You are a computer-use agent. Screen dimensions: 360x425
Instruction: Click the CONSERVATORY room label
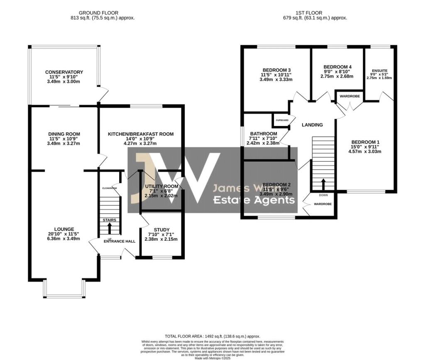(x=64, y=72)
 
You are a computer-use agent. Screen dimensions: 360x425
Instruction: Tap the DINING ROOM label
(x=64, y=134)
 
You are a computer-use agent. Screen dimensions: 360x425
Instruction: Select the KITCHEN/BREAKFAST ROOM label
(x=141, y=134)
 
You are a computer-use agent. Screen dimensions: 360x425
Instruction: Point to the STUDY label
(x=161, y=229)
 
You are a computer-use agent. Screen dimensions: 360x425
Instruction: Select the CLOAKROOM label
(x=110, y=188)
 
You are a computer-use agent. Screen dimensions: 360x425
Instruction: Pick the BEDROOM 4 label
(x=337, y=67)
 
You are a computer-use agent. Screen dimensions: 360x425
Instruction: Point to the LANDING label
(x=312, y=125)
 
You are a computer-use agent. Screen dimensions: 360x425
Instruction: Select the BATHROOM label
(x=263, y=133)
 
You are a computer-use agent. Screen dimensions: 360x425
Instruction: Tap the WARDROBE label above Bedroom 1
(x=349, y=96)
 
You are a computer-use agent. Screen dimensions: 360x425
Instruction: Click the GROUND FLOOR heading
(x=102, y=13)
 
